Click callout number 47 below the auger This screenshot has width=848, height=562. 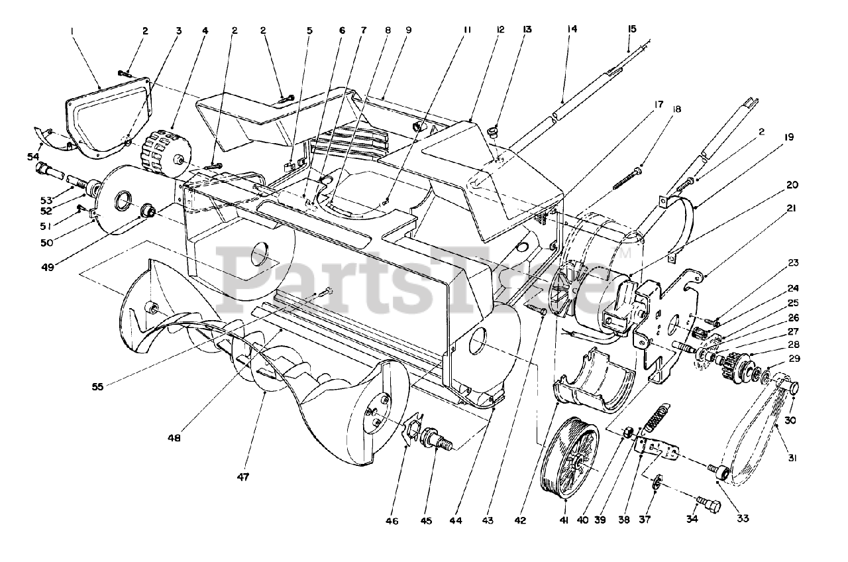click(x=243, y=477)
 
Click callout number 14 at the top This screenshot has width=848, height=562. click(x=572, y=28)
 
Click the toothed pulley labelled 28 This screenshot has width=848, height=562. click(x=736, y=366)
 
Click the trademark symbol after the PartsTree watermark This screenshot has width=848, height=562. click(x=626, y=252)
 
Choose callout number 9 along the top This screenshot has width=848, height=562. click(x=408, y=30)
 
